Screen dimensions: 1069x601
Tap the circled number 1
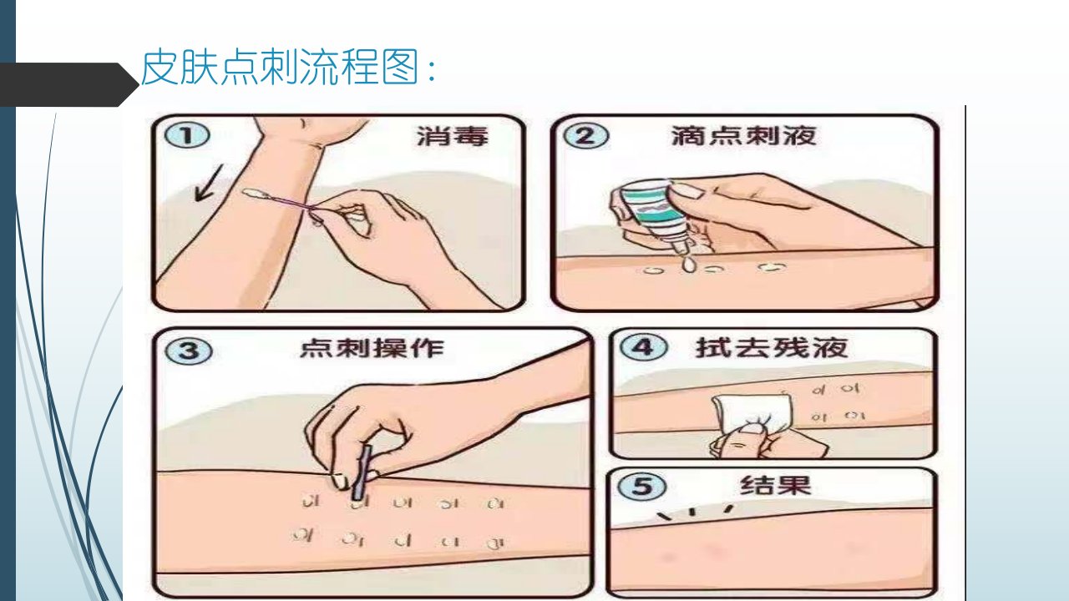(187, 135)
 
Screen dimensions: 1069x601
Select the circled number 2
(586, 135)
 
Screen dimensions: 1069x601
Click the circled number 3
(189, 351)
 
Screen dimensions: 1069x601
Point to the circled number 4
(644, 346)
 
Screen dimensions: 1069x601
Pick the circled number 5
(642, 486)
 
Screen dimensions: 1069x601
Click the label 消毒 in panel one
(453, 136)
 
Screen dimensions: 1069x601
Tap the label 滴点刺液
(743, 135)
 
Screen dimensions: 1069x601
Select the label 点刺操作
(372, 348)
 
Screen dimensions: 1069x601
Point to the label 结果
(776, 486)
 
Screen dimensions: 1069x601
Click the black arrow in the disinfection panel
(209, 183)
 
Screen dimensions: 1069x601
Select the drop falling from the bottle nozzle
(689, 264)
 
